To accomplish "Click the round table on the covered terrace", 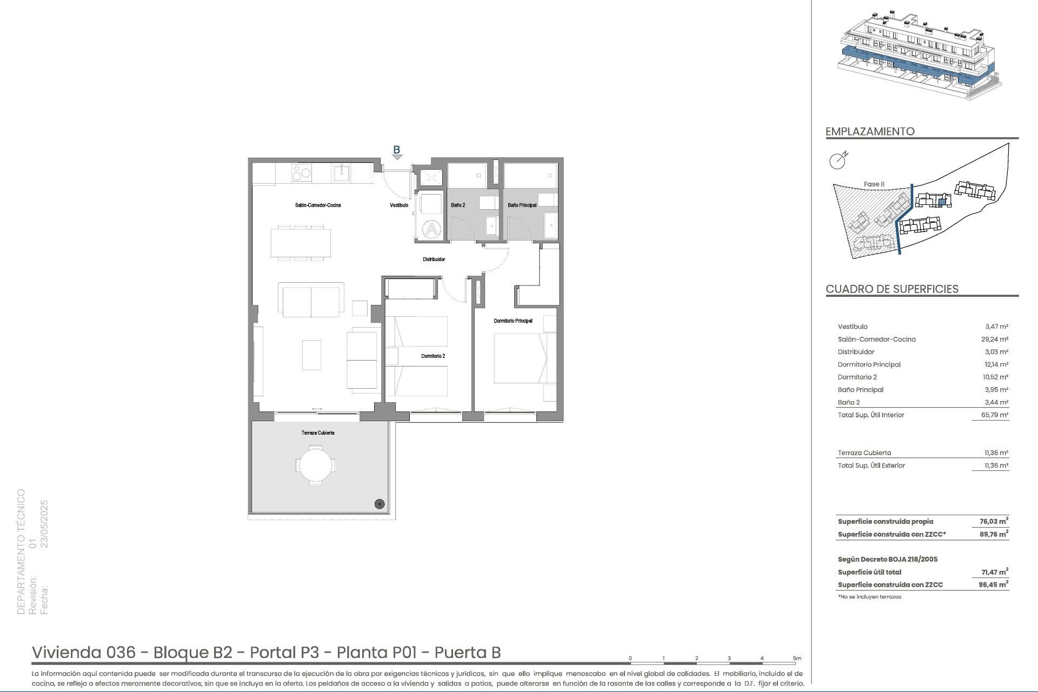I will click(x=316, y=464).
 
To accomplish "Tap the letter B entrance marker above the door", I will click(x=396, y=150).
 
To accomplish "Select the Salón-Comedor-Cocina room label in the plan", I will click(x=317, y=205).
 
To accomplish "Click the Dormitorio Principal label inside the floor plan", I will click(x=513, y=321).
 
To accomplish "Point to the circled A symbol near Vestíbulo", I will click(x=432, y=229).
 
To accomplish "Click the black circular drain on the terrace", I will click(x=380, y=504).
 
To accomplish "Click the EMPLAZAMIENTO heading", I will click(x=870, y=131).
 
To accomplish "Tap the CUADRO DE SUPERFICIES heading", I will click(x=892, y=289).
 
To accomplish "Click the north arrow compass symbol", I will click(x=838, y=161).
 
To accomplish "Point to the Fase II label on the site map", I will click(x=874, y=184).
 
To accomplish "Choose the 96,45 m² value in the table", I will click(x=993, y=585).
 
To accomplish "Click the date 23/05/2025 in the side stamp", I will click(x=45, y=524).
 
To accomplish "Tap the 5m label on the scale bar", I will click(x=797, y=658).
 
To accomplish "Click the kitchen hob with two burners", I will click(x=301, y=173).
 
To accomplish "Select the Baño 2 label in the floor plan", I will click(x=458, y=205).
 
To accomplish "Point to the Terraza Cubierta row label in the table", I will click(x=864, y=453).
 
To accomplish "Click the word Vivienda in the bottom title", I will click(x=66, y=653).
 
